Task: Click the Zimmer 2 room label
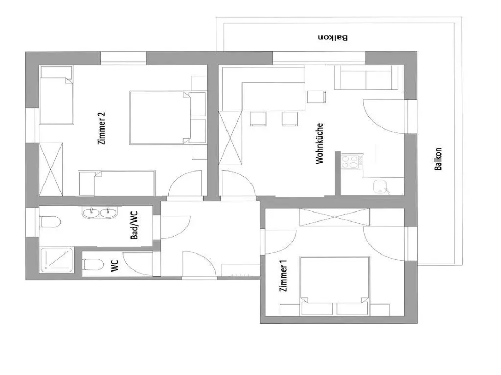101,128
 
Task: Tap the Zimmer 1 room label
283,276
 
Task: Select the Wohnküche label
319,143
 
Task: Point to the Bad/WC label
134,225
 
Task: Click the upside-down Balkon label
333,37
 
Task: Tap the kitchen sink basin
380,186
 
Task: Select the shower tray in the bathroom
57,260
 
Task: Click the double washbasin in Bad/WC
99,212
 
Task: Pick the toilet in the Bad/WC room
50,222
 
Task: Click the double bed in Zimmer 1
335,286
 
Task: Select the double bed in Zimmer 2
168,118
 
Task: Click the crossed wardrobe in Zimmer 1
334,217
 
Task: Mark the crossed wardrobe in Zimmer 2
51,169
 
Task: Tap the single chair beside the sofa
316,97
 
